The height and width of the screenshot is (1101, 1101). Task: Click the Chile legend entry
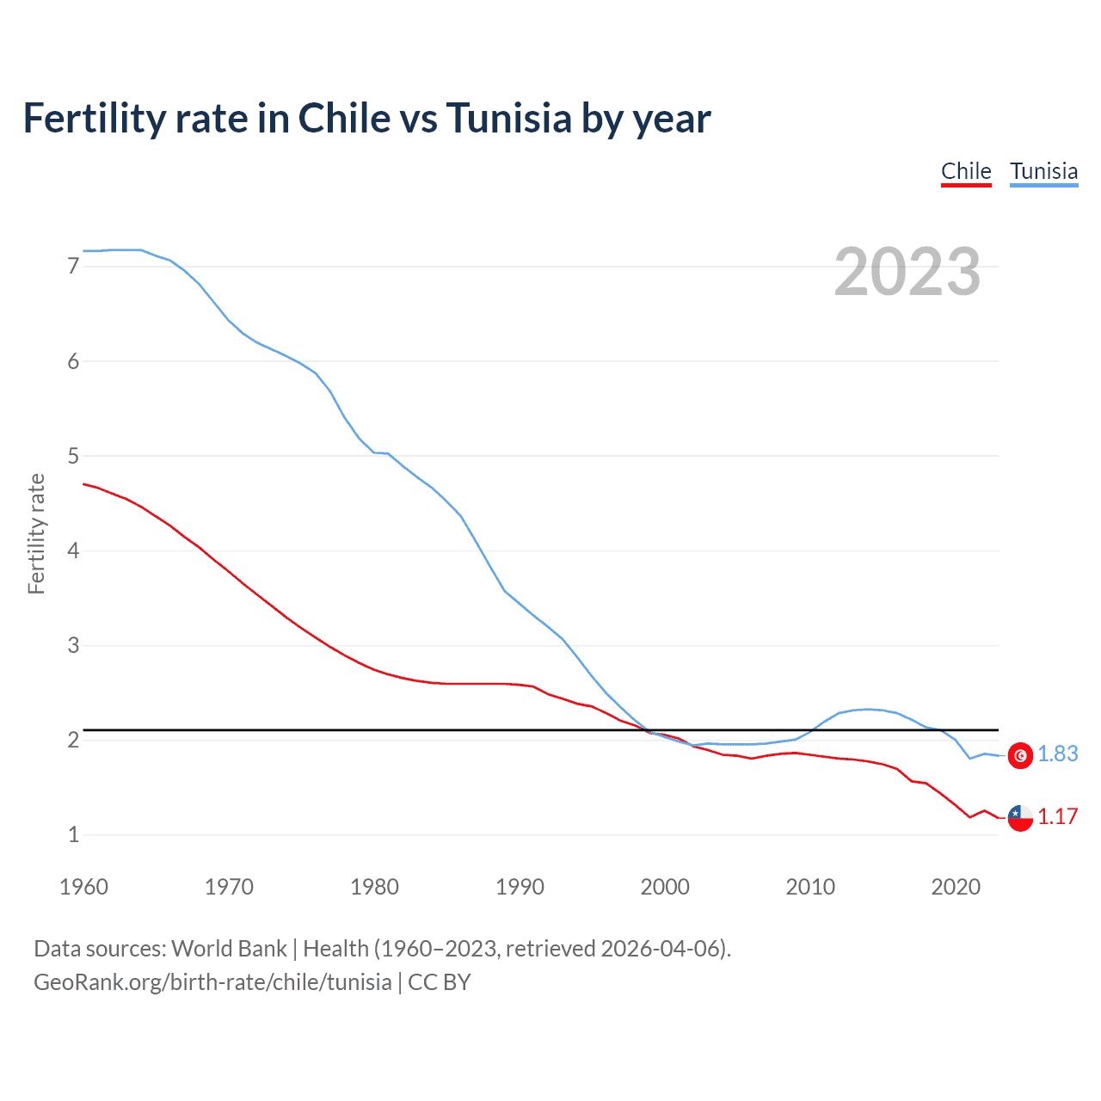[x=966, y=171]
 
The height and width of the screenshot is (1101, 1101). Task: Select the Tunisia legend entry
[x=1043, y=171]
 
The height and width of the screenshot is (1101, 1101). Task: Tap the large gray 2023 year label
[x=907, y=272]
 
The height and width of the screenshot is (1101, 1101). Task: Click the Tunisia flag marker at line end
[x=1020, y=755]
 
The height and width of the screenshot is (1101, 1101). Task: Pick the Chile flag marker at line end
[x=1020, y=818]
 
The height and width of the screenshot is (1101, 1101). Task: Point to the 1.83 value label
[x=1057, y=754]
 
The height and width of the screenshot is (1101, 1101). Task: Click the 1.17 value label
[x=1057, y=817]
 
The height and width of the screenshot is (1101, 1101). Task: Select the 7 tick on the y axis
[x=73, y=267]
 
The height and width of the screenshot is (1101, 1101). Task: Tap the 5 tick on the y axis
[x=73, y=456]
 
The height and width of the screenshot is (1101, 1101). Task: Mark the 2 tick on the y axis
[x=73, y=740]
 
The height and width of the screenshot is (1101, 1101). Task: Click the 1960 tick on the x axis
[x=83, y=887]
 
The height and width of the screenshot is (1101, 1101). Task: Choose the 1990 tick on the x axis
[x=520, y=887]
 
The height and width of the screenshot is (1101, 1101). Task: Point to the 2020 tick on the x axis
[x=956, y=887]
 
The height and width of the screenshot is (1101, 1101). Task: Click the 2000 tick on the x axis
[x=665, y=887]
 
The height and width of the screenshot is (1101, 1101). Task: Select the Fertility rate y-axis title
[x=36, y=533]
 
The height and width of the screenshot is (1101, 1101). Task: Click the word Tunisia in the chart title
[x=508, y=119]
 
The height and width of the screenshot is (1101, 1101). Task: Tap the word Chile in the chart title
[x=343, y=119]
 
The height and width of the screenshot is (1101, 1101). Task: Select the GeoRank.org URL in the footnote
[x=212, y=982]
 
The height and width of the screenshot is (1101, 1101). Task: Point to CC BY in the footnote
[x=439, y=982]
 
